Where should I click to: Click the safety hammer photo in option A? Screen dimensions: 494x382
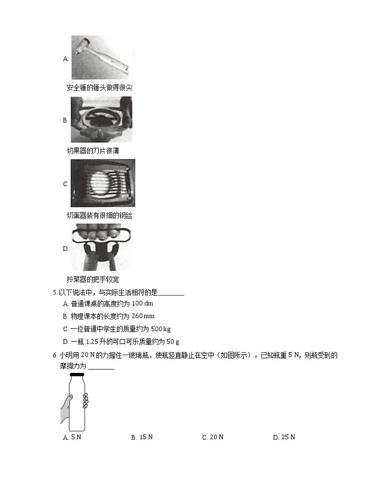[103, 58]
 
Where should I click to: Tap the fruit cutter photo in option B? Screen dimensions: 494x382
[102, 120]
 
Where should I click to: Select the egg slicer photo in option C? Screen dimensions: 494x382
[102, 183]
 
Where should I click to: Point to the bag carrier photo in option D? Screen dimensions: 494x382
[101, 247]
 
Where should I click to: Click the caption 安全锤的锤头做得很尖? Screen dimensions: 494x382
[99, 88]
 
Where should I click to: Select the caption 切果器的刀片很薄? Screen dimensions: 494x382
[93, 151]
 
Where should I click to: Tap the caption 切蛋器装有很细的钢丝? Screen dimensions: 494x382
[99, 215]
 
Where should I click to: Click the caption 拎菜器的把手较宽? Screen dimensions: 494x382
[93, 279]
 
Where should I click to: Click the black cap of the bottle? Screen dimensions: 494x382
[77, 375]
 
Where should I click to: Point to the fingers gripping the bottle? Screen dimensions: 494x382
[86, 400]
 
